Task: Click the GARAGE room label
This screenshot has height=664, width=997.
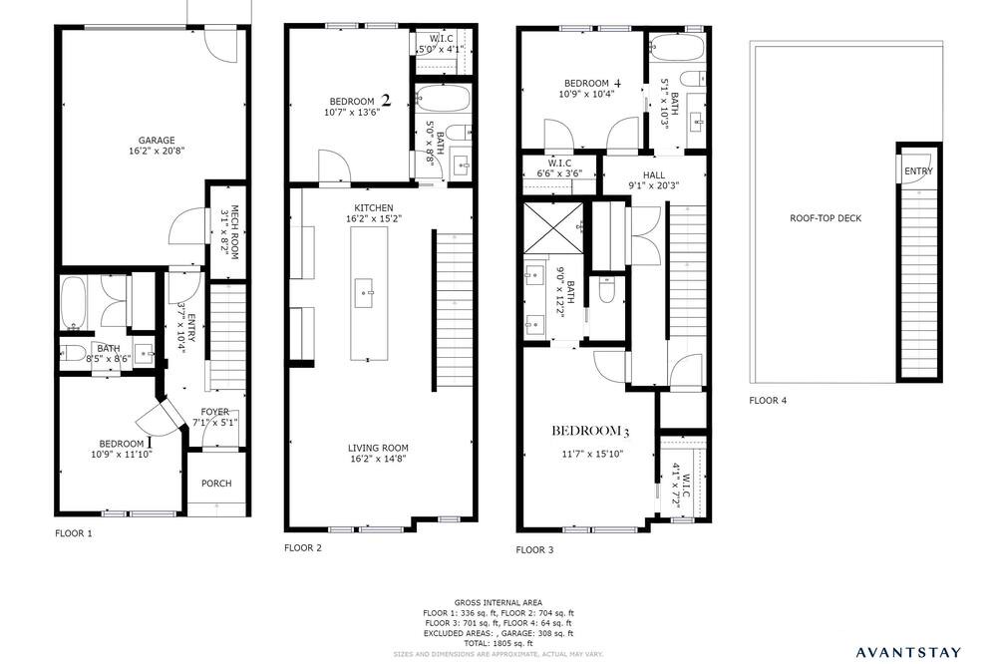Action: (157, 141)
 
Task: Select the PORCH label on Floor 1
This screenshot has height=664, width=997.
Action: (216, 484)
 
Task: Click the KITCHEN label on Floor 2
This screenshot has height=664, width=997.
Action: (373, 208)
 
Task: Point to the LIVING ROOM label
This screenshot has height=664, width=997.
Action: (378, 448)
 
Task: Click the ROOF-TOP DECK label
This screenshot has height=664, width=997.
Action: (826, 218)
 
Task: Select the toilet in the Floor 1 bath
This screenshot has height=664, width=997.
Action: (73, 352)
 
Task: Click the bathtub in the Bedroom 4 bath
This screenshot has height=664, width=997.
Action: (677, 47)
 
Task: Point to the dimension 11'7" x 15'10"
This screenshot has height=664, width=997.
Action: (592, 454)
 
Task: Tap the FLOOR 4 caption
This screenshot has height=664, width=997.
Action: (768, 401)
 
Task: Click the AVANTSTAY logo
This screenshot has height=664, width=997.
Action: (908, 652)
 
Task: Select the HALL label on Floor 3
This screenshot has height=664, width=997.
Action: (654, 174)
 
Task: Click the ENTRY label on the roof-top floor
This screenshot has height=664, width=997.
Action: (919, 171)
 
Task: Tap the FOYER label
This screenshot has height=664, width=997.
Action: (215, 412)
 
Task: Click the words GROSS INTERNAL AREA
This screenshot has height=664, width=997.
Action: (498, 603)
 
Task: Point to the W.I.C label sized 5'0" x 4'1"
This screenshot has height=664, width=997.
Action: (441, 39)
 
